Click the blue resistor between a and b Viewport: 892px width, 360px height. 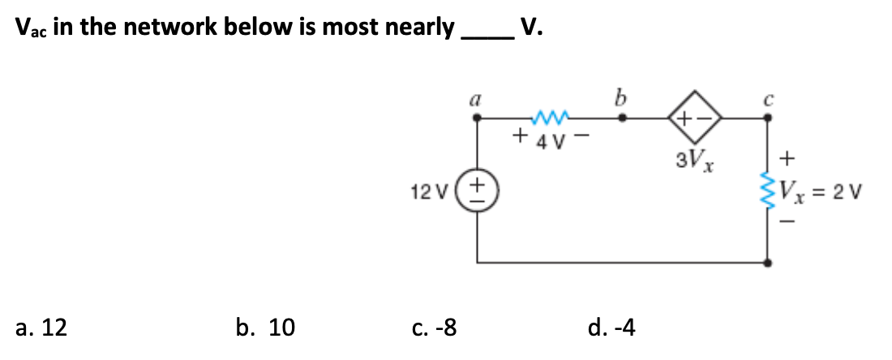click(x=550, y=114)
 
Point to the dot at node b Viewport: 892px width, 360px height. click(x=622, y=118)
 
